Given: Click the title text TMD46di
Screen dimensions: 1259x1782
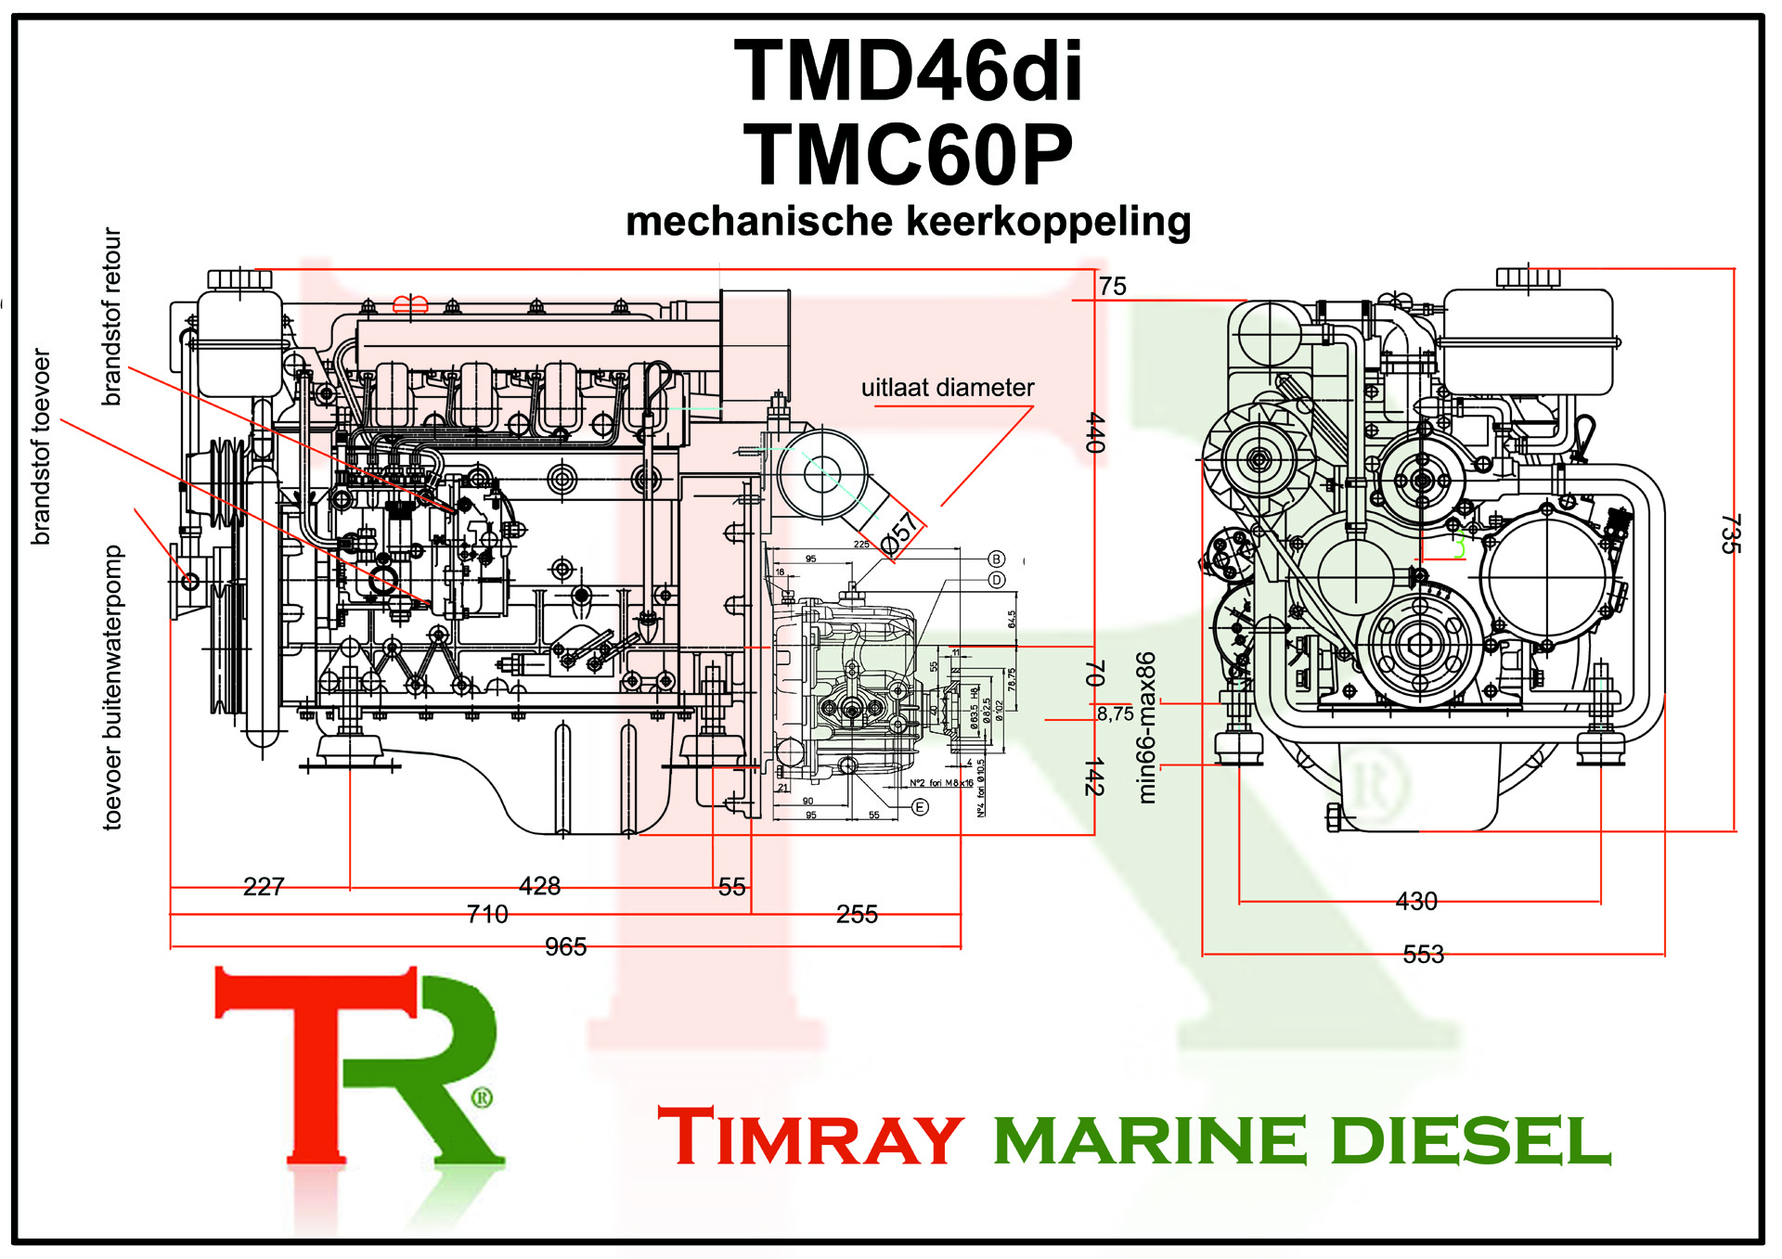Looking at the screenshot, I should point(908,71).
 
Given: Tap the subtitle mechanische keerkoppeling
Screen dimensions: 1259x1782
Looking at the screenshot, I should point(908,222).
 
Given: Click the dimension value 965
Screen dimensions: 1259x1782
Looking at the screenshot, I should point(565,946).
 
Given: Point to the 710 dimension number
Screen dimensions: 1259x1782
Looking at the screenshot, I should point(487,914).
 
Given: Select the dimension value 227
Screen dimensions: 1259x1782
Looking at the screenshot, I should point(264,887).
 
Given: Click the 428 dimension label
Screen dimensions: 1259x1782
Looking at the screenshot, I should point(539,886).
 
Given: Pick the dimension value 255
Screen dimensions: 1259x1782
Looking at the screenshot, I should point(857,915).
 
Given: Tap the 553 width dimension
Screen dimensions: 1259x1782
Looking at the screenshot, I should point(1423,954).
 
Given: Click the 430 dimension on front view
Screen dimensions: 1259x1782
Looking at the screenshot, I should point(1416,901).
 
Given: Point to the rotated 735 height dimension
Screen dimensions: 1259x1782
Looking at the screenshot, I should point(1730,533).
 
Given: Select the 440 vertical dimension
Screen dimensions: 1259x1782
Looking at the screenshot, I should point(1095,432).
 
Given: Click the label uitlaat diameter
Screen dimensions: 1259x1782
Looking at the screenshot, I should point(947,388).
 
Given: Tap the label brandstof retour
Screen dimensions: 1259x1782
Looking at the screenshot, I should point(111,316).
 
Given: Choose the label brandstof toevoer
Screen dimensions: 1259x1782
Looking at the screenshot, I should point(41,446).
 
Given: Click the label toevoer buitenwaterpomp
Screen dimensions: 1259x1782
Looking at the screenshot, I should point(112,687).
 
